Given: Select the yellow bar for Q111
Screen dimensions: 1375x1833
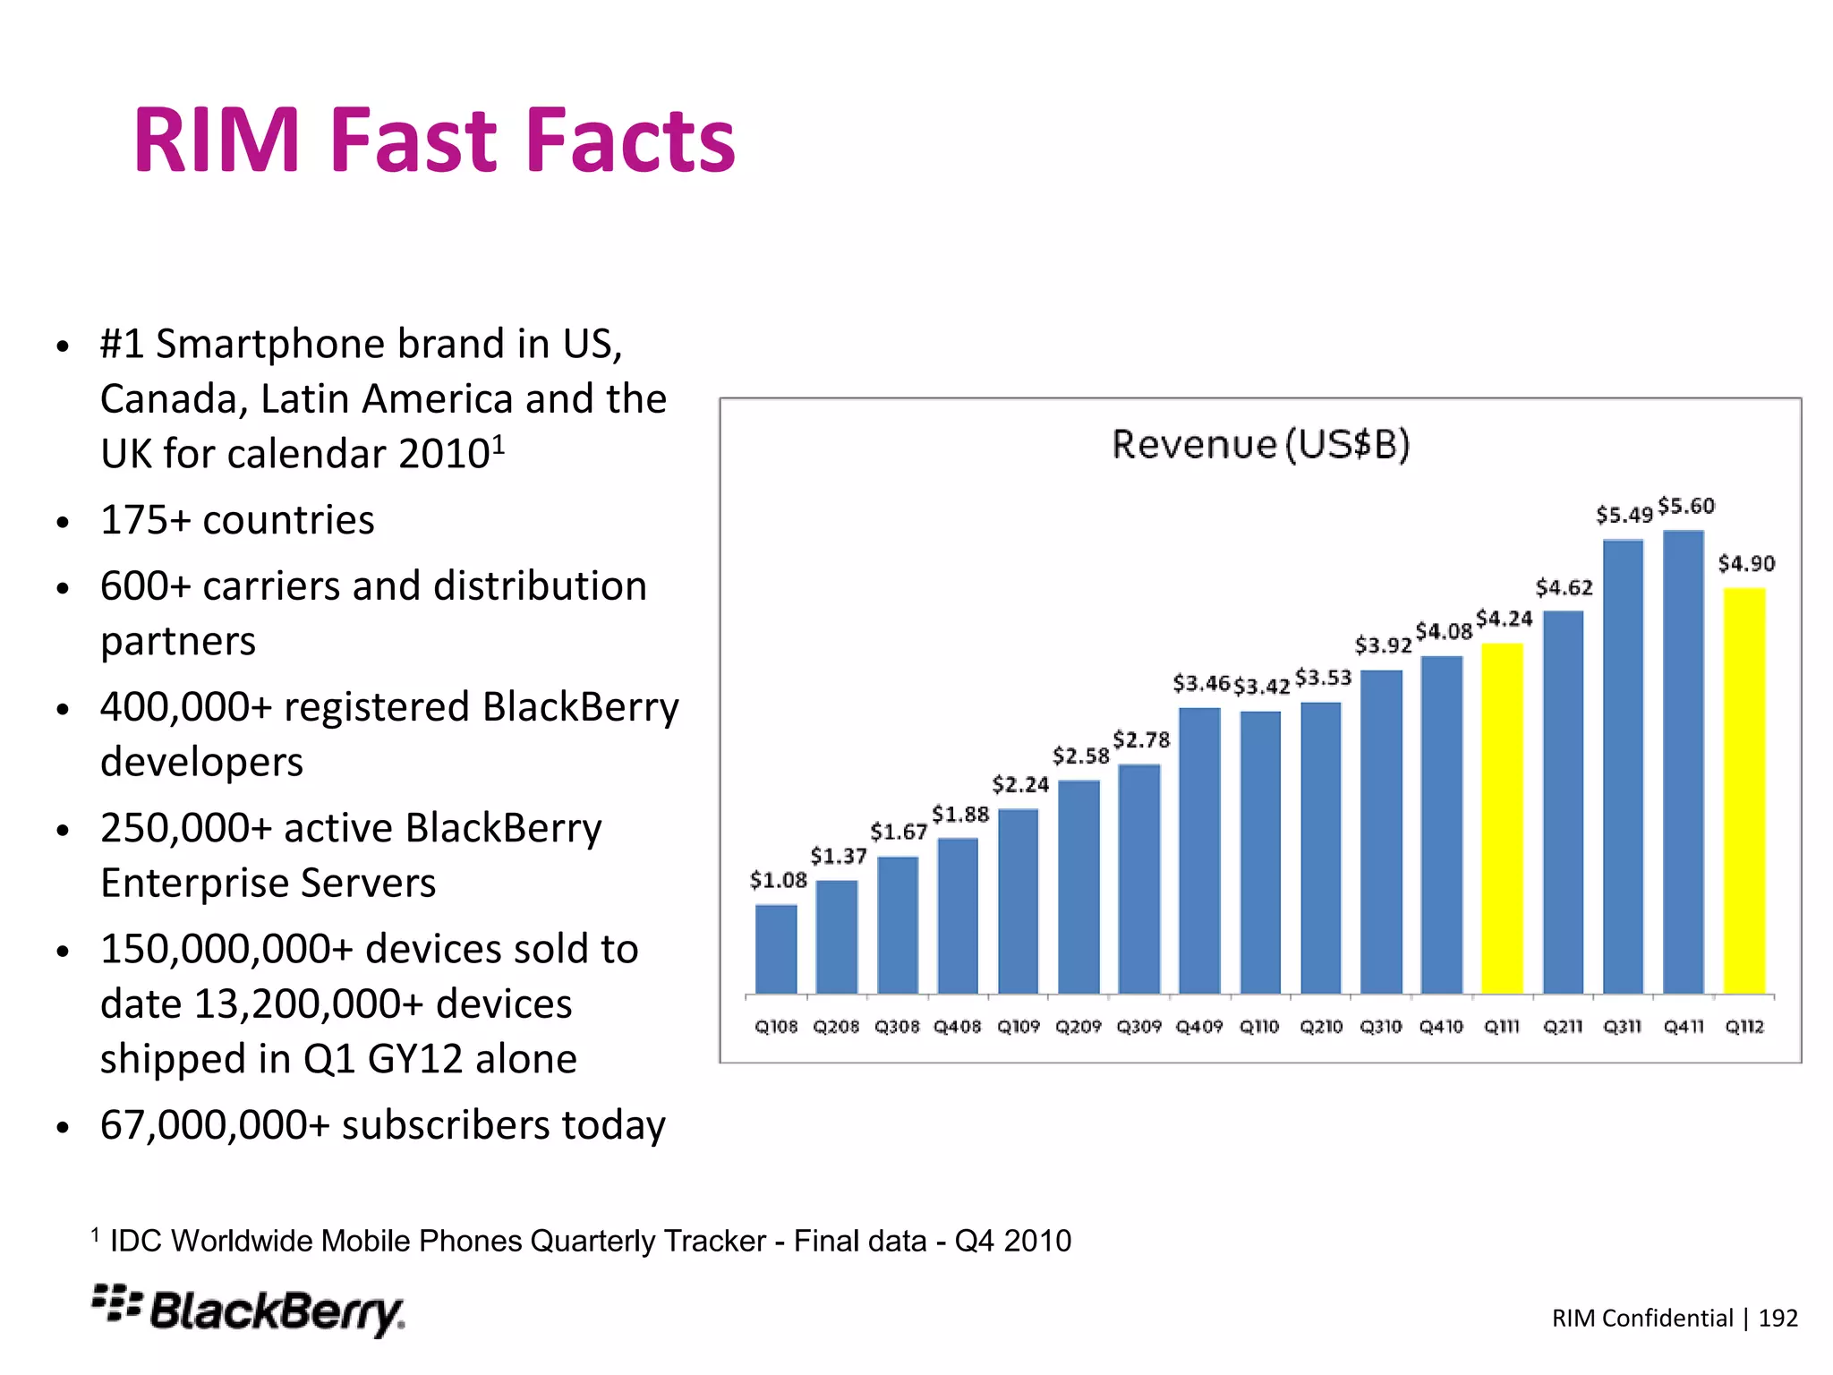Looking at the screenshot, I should [x=1502, y=818].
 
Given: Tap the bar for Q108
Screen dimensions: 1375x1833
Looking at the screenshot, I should [x=776, y=949].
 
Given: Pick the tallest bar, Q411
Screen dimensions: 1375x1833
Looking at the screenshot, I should [x=1684, y=762].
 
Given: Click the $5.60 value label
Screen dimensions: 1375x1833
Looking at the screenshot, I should [x=1686, y=507].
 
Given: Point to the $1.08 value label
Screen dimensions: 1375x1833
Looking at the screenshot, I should [x=778, y=881].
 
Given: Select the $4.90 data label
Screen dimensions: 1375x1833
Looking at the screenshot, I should [x=1746, y=564].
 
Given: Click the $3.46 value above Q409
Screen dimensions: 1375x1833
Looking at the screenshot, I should [x=1201, y=684].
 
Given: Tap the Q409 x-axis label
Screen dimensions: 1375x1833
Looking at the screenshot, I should [x=1199, y=1027].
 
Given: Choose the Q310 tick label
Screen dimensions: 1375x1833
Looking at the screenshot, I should [x=1381, y=1027].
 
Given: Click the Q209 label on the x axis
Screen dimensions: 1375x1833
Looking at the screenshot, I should [x=1078, y=1027].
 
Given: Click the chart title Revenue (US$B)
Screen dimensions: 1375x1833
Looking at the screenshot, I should [x=1260, y=444].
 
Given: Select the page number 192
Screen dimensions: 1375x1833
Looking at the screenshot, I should [x=1778, y=1318].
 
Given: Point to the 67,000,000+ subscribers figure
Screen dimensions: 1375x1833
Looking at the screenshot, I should [x=215, y=1125].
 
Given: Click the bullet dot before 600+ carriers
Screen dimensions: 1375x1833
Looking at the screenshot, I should [x=62, y=589].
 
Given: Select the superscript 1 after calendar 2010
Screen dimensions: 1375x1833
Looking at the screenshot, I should [x=499, y=444].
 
